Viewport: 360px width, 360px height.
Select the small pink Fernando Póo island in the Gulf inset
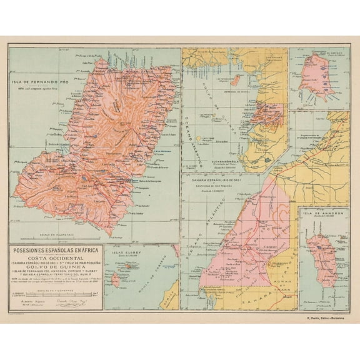236,80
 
